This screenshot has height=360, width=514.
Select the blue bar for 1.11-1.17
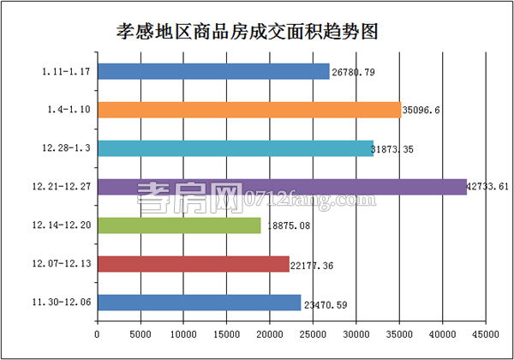[x=213, y=71]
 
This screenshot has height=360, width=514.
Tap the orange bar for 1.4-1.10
[x=249, y=110]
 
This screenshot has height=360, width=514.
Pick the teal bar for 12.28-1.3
[x=236, y=148]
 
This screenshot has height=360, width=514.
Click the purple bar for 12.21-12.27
[x=282, y=187]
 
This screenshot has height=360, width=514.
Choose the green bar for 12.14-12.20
[x=179, y=225]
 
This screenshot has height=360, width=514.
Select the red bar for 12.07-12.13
[x=194, y=264]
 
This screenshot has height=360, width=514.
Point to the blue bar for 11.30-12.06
[x=199, y=303]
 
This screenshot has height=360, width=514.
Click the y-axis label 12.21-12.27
[x=64, y=187]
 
